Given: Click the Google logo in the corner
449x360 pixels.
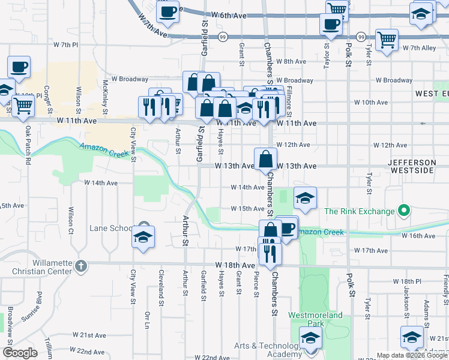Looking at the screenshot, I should coord(20,353).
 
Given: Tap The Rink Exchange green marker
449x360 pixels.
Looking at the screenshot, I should coord(404,211).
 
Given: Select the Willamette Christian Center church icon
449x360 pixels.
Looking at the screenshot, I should coord(82,265).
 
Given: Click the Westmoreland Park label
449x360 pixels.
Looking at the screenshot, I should coord(316,319).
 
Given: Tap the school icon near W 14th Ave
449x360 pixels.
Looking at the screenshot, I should coord(305,199).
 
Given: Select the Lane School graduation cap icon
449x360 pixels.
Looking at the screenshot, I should coord(143,238).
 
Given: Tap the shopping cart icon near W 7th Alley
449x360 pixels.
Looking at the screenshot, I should coord(387,40).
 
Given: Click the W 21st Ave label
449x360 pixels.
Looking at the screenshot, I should coord(89,335).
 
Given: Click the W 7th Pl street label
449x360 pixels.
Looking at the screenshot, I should coord(66,44).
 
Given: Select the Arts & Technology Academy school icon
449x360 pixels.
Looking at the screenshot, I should coord(310,339).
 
